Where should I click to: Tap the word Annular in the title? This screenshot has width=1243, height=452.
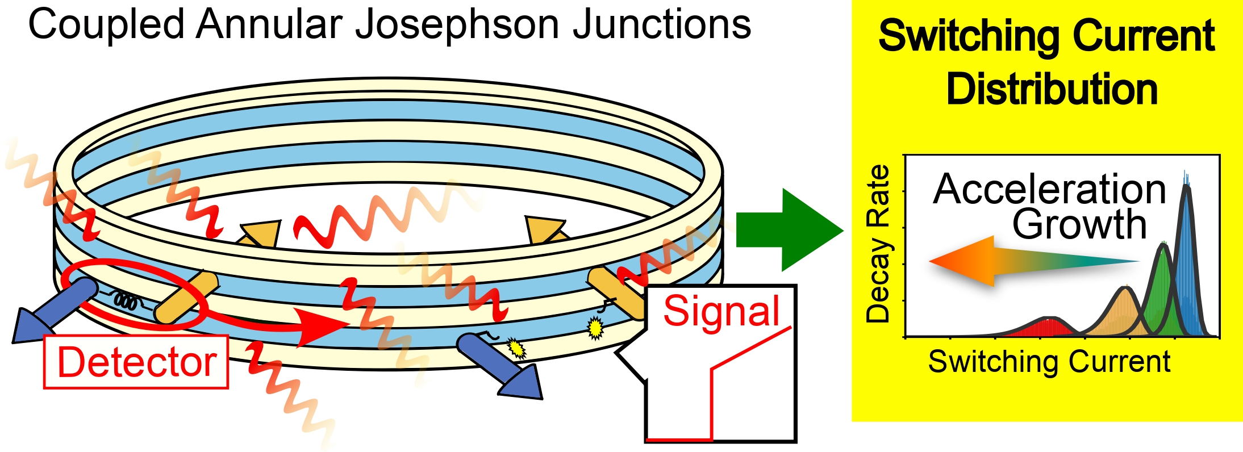click(x=269, y=25)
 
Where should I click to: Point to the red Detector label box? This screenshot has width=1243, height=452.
click(x=136, y=362)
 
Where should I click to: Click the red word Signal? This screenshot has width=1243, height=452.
click(x=721, y=311)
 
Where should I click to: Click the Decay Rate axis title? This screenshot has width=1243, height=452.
click(x=878, y=244)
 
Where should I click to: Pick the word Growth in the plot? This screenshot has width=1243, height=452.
click(x=1079, y=224)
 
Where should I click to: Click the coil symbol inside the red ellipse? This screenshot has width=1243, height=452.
click(x=125, y=301)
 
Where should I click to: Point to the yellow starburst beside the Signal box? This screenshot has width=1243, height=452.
click(x=595, y=328)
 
